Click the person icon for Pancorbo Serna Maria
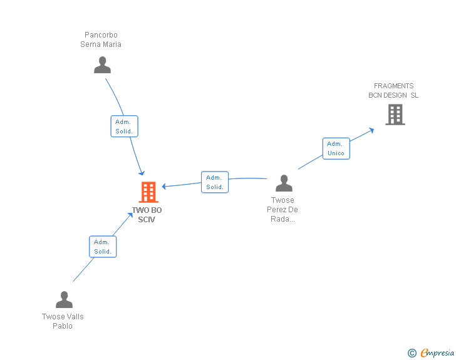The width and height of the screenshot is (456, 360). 102,64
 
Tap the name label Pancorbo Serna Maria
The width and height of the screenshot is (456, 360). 101,39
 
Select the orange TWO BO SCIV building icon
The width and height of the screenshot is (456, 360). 148,192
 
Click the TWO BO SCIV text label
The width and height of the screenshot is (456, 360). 147,215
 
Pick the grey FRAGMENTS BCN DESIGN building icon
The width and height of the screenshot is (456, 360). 395,115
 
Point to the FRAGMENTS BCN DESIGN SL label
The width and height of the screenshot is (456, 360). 393,91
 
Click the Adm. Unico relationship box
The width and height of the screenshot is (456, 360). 336,148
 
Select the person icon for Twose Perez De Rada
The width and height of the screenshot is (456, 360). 284,183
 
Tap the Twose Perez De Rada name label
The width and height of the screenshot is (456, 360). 282,210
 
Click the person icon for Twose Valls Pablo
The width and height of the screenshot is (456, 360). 64,300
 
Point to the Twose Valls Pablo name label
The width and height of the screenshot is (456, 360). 63,321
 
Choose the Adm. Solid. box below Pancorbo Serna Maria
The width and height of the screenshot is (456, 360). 124,126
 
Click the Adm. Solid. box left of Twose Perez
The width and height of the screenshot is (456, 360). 215,182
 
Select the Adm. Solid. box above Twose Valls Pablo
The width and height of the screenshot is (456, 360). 103,247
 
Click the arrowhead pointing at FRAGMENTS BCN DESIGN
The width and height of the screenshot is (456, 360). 371,130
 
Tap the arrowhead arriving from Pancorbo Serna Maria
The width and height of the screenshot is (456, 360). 142,172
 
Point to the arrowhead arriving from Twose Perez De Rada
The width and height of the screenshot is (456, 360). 165,187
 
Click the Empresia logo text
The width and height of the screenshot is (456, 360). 437,353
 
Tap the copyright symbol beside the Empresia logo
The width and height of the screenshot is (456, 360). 412,353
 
